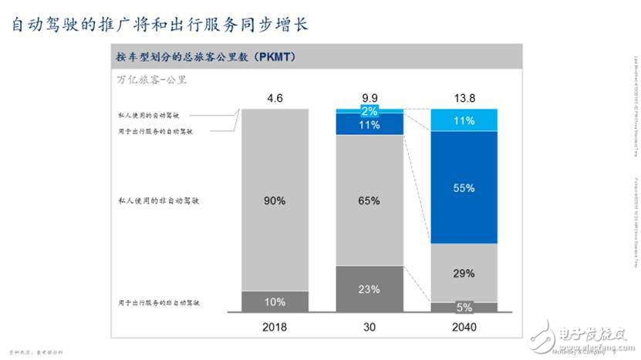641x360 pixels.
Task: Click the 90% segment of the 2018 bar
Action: (275, 200)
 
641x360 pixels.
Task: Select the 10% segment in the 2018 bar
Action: (275, 302)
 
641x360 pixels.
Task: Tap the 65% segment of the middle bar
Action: (369, 200)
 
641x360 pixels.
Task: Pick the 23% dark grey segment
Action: (369, 290)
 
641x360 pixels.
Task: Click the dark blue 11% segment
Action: (369, 125)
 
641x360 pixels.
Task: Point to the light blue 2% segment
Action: (369, 111)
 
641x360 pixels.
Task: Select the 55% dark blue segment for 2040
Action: (464, 187)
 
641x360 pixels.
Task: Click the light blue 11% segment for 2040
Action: (464, 120)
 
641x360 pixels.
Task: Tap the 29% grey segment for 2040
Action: (464, 273)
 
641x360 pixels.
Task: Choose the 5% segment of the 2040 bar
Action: (464, 308)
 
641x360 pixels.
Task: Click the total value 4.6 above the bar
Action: (275, 98)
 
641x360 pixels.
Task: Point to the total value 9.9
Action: (369, 98)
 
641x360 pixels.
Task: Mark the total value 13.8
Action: (464, 98)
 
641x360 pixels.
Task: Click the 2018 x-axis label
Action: (275, 327)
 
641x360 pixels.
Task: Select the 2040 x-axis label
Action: (464, 327)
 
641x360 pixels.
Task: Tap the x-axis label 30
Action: (369, 327)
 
